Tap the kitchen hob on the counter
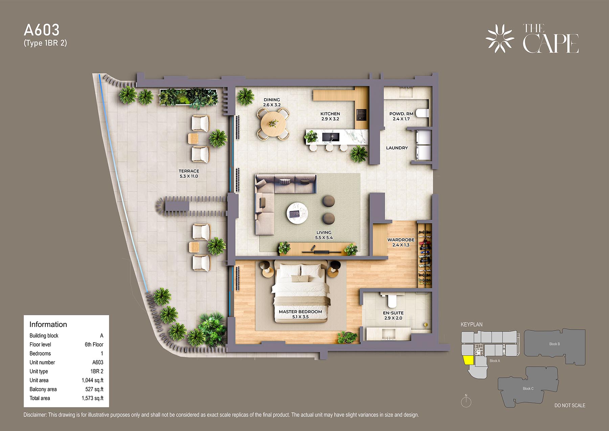click(361, 115)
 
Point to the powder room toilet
click(422, 113)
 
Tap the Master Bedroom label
click(300, 311)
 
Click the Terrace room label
click(189, 171)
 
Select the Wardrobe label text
click(401, 240)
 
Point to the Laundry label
click(397, 148)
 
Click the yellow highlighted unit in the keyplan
click(469, 360)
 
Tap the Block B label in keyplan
click(555, 344)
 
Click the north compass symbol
click(466, 401)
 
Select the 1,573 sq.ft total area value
click(92, 398)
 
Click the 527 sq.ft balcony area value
click(94, 389)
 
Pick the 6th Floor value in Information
click(94, 344)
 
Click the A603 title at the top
click(42, 30)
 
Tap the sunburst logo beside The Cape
click(500, 38)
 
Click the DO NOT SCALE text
click(570, 405)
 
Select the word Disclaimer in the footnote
click(35, 415)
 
